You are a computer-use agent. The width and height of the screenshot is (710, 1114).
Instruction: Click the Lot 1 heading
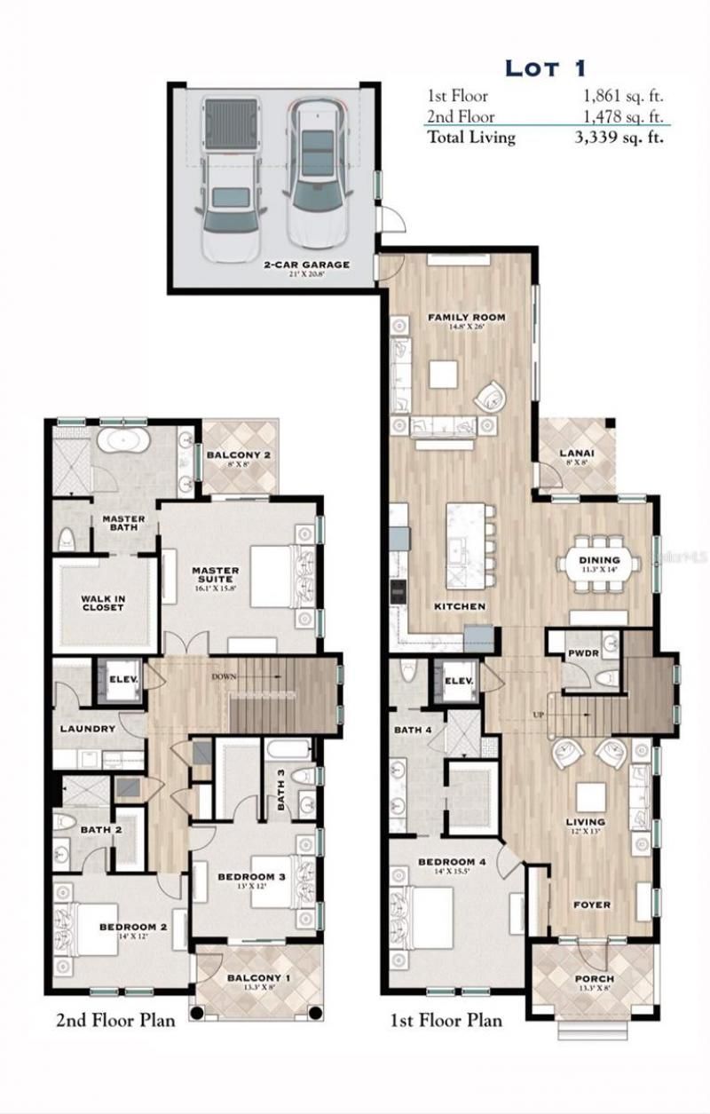[x=545, y=67]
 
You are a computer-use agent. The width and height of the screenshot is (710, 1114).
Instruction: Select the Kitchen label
[x=459, y=606]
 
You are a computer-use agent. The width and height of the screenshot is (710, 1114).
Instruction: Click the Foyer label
[x=591, y=905]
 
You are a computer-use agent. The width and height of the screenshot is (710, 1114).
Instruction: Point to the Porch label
[x=592, y=980]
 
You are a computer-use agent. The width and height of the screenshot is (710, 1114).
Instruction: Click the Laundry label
[x=88, y=729]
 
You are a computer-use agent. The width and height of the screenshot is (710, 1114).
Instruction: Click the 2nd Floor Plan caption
[x=115, y=1020]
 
